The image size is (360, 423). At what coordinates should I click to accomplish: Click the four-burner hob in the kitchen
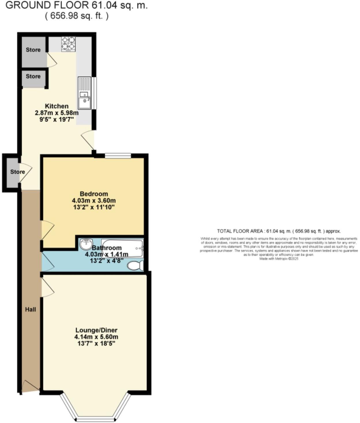click(68, 44)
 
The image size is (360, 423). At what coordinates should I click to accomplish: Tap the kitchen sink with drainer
click(84, 93)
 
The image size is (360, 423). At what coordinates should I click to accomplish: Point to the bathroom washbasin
click(86, 244)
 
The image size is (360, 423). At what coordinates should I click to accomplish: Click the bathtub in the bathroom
click(122, 248)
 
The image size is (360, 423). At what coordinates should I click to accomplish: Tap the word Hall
click(30, 309)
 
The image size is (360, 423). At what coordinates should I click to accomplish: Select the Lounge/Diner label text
click(96, 330)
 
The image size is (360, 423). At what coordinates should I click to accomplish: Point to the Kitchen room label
click(57, 106)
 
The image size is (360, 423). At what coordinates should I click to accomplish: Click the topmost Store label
click(33, 50)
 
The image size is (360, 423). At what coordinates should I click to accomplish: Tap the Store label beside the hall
click(18, 172)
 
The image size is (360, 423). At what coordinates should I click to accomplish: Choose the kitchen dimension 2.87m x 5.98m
click(57, 113)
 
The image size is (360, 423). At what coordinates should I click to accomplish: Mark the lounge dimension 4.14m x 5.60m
click(96, 337)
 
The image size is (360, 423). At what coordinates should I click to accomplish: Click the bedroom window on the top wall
click(118, 156)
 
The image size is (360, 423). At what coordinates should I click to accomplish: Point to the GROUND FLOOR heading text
click(77, 5)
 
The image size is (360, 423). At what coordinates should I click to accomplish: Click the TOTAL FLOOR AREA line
click(279, 231)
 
